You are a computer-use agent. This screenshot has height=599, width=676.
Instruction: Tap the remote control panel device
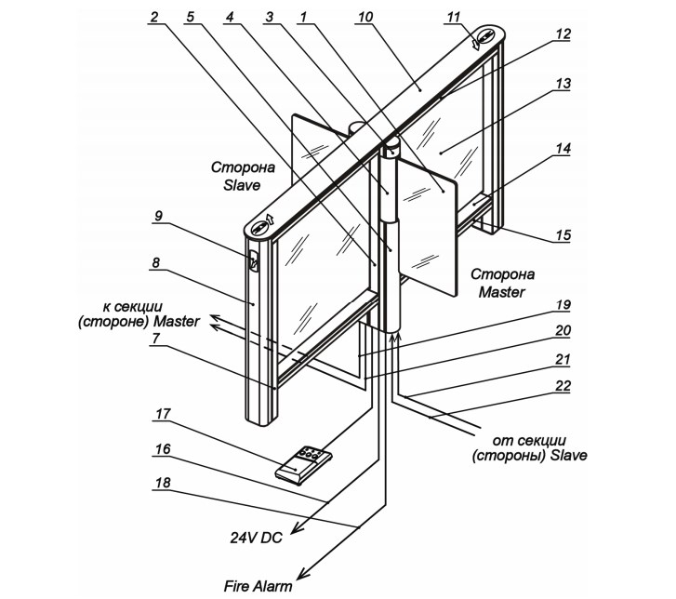pyautogui.click(x=305, y=463)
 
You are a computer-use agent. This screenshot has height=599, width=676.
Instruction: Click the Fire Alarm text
pyautogui.click(x=258, y=586)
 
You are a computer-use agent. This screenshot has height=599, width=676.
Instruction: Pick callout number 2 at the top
pyautogui.click(x=154, y=16)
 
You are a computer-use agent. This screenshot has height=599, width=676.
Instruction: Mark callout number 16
pyautogui.click(x=164, y=448)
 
